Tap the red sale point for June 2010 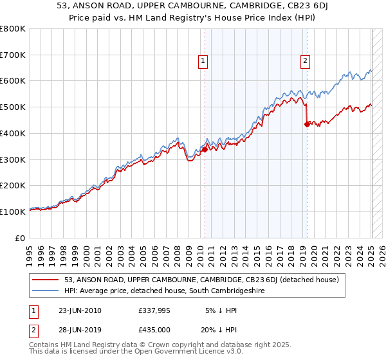coord(205,149)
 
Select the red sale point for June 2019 coord(307,124)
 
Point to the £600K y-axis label coord(13,81)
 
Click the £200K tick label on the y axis coord(13,185)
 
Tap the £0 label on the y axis coord(20,237)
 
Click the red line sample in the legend coord(46,280)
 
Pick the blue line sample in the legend coord(46,291)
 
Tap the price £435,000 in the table coord(154,329)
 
